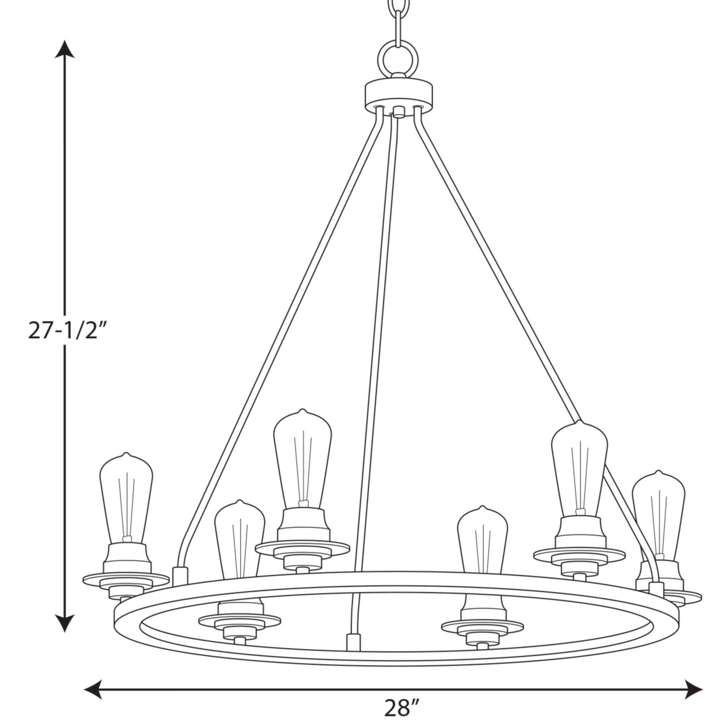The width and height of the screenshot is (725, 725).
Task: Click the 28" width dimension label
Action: (x=402, y=707)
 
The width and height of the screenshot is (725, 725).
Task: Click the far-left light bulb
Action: (x=126, y=497)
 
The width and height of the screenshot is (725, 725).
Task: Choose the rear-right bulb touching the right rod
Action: (x=579, y=467)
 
